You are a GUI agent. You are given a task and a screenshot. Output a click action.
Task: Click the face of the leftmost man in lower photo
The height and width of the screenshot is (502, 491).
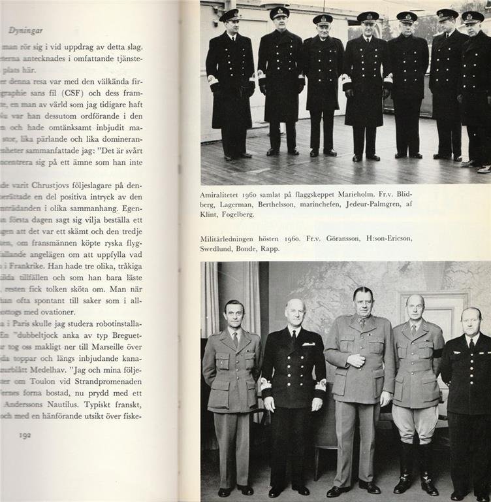tap(234, 316)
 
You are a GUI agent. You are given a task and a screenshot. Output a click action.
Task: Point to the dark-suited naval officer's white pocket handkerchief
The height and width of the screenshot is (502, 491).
tap(308, 344)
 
